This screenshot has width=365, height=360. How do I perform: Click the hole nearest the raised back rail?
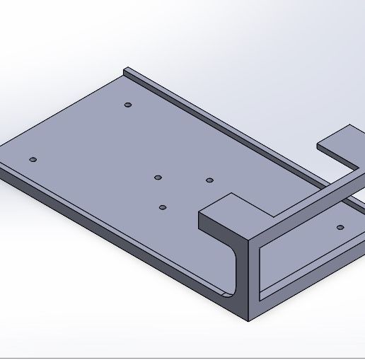click(x=128, y=105)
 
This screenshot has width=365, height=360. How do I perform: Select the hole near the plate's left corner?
click(x=33, y=160)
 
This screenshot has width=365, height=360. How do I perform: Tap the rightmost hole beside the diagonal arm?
click(x=340, y=228)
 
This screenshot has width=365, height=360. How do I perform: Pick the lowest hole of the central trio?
click(x=163, y=207)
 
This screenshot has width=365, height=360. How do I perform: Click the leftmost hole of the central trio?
click(x=158, y=177)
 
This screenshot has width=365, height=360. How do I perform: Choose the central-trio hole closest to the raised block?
click(x=209, y=180)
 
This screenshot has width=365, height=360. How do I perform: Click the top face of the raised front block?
click(x=226, y=209)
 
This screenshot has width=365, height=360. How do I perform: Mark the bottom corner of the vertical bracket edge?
click(x=250, y=320)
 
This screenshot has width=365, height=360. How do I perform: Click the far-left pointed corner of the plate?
click(x=2, y=157)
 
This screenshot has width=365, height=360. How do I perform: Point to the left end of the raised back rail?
click(x=126, y=71)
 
